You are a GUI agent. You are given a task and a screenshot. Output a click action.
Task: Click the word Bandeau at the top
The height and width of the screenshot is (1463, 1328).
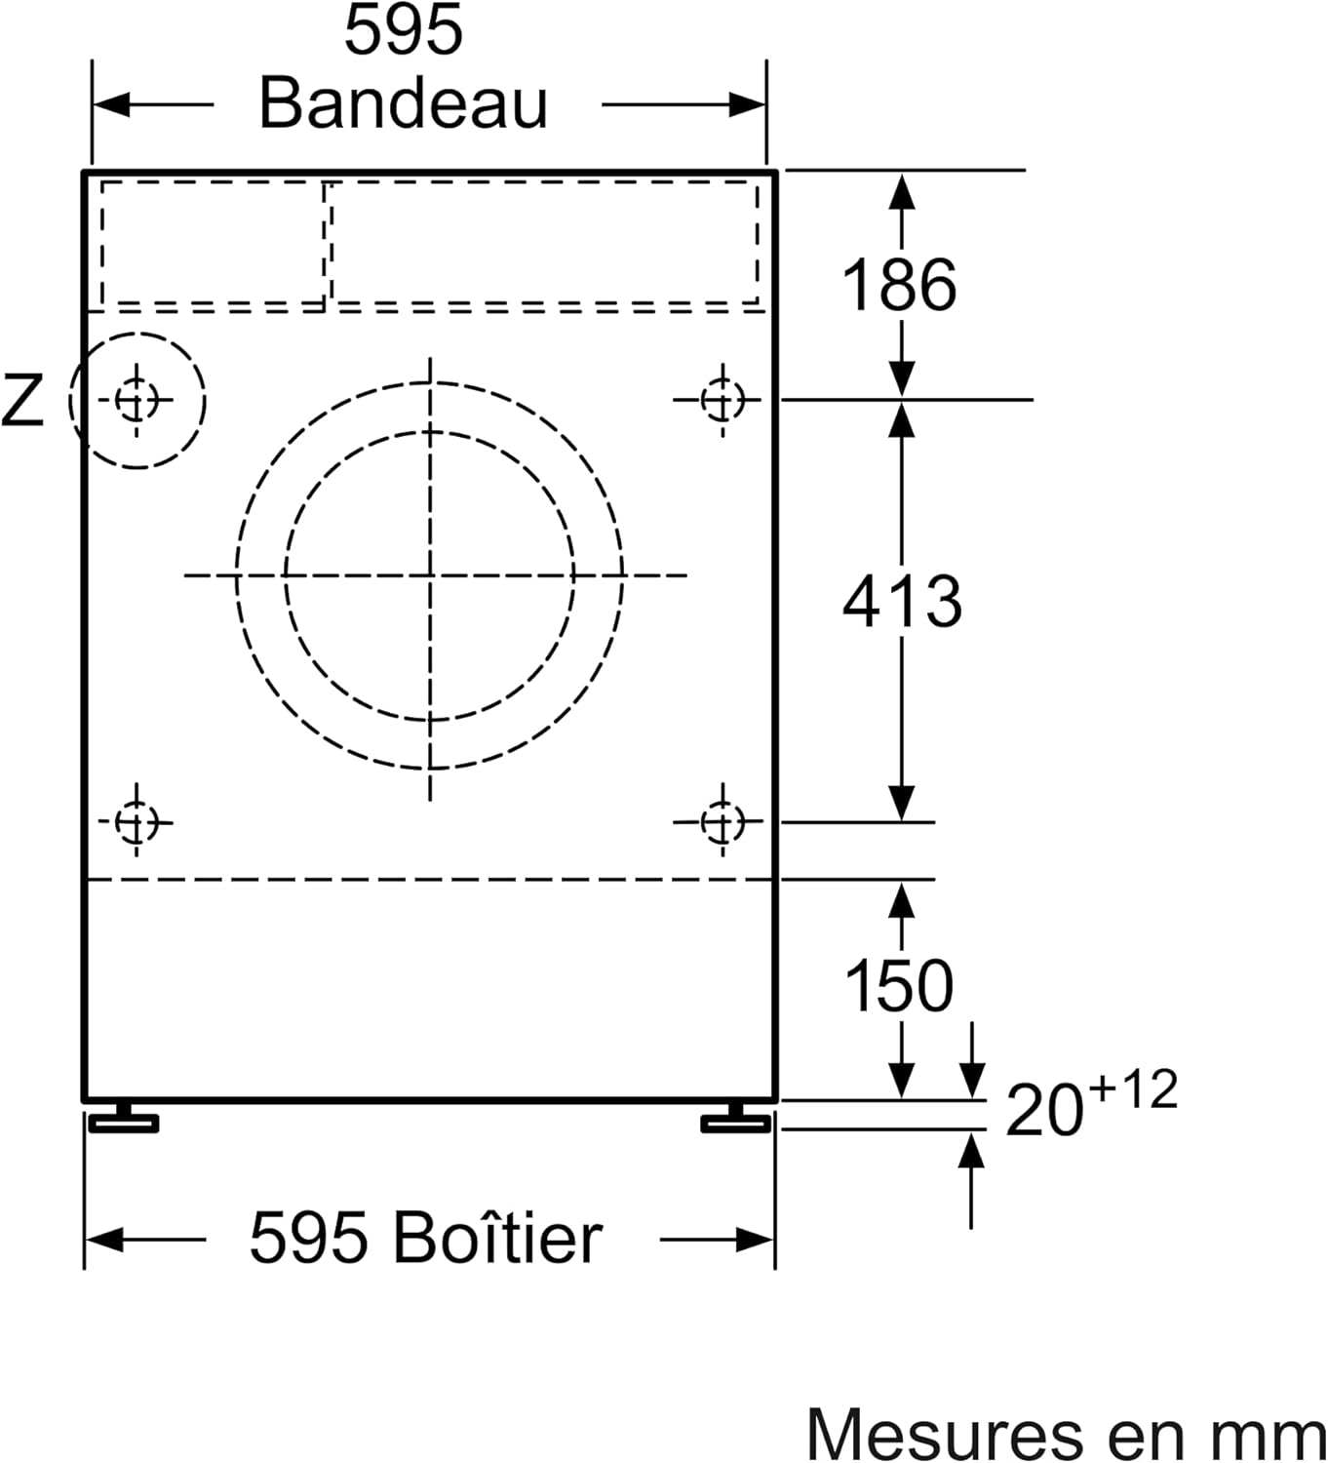click(403, 103)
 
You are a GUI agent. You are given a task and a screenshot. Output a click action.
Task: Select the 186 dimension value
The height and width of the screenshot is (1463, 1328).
click(898, 286)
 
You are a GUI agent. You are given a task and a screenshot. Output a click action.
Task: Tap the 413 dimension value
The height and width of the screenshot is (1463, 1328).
click(902, 601)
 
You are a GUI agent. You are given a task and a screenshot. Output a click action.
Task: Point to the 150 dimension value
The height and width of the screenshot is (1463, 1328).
click(898, 985)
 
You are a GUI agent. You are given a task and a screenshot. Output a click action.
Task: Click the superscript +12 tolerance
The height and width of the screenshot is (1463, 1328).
click(1133, 1089)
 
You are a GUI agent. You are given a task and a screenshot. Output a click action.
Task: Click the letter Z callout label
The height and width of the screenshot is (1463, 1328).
click(21, 400)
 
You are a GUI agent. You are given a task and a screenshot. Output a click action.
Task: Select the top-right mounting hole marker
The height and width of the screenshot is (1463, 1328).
click(722, 400)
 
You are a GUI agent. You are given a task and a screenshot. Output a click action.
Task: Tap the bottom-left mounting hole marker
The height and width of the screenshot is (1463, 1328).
click(136, 822)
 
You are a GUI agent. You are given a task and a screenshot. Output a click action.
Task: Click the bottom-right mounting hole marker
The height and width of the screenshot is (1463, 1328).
click(721, 822)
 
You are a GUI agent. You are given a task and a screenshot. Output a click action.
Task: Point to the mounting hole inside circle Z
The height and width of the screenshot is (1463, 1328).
click(136, 400)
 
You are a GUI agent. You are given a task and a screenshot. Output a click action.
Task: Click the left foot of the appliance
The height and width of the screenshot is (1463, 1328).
click(124, 1120)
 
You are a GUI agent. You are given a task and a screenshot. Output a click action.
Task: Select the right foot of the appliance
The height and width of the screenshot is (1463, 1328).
click(736, 1120)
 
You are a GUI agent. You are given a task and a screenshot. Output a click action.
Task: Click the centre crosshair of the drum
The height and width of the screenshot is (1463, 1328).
click(430, 574)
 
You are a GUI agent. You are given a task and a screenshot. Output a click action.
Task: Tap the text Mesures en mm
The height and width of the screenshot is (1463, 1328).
click(1066, 1435)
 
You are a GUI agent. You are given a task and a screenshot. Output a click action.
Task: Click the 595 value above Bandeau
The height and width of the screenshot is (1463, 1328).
click(403, 31)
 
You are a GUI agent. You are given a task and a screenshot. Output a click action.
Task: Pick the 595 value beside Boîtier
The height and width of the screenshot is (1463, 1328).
click(308, 1239)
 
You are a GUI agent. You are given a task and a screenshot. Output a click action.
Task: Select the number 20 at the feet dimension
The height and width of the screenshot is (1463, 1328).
click(1043, 1111)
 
